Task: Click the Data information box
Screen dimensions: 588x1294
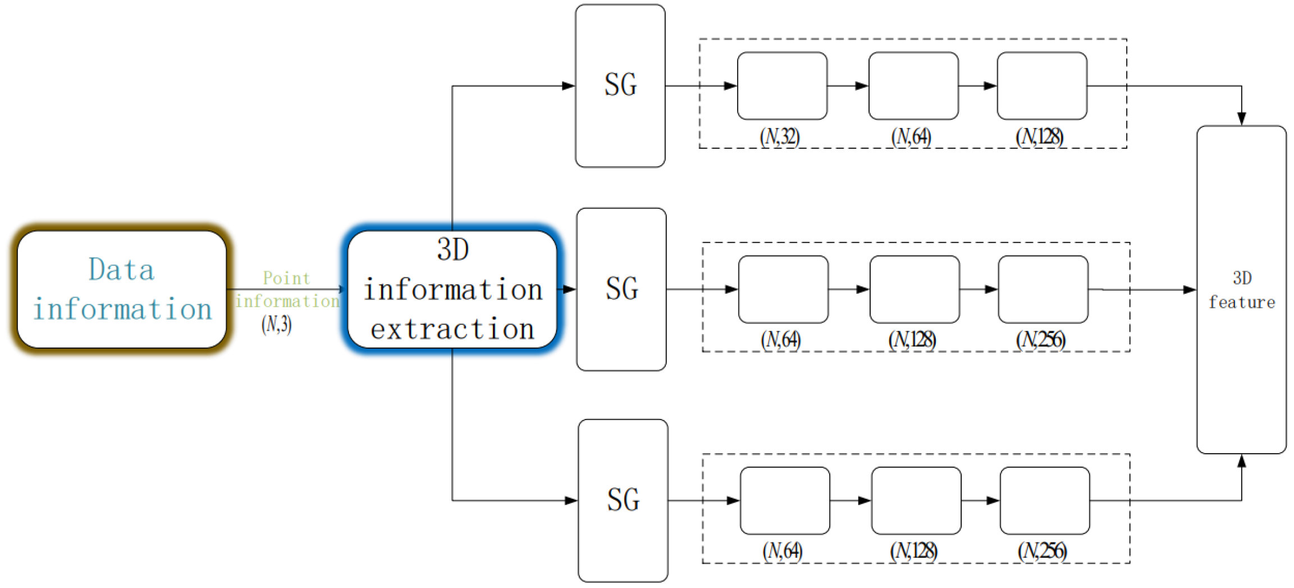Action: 122,289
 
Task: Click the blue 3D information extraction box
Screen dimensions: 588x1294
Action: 452,289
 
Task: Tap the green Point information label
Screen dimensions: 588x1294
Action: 287,289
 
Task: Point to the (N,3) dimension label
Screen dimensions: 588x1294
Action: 276,324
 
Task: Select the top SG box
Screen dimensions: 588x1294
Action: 620,85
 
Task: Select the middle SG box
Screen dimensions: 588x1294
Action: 621,289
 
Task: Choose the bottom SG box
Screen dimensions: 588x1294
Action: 623,500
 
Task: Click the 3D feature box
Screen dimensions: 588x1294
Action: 1241,290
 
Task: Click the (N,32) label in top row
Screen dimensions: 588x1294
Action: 780,136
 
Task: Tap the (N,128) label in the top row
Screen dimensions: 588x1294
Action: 1040,136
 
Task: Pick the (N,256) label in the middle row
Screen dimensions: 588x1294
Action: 1041,340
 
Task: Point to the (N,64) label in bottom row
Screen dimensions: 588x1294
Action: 783,551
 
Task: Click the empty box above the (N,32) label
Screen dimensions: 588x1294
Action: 782,86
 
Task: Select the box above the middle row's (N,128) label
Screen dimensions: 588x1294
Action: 915,289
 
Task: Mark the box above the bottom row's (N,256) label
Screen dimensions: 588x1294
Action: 1045,500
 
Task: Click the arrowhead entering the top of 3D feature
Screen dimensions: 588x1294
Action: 1241,118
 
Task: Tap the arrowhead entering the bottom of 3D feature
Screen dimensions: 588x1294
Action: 1241,461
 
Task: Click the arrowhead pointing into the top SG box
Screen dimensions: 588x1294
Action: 568,86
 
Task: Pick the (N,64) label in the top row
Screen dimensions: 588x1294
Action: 911,136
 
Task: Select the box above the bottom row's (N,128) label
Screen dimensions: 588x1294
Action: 916,500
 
